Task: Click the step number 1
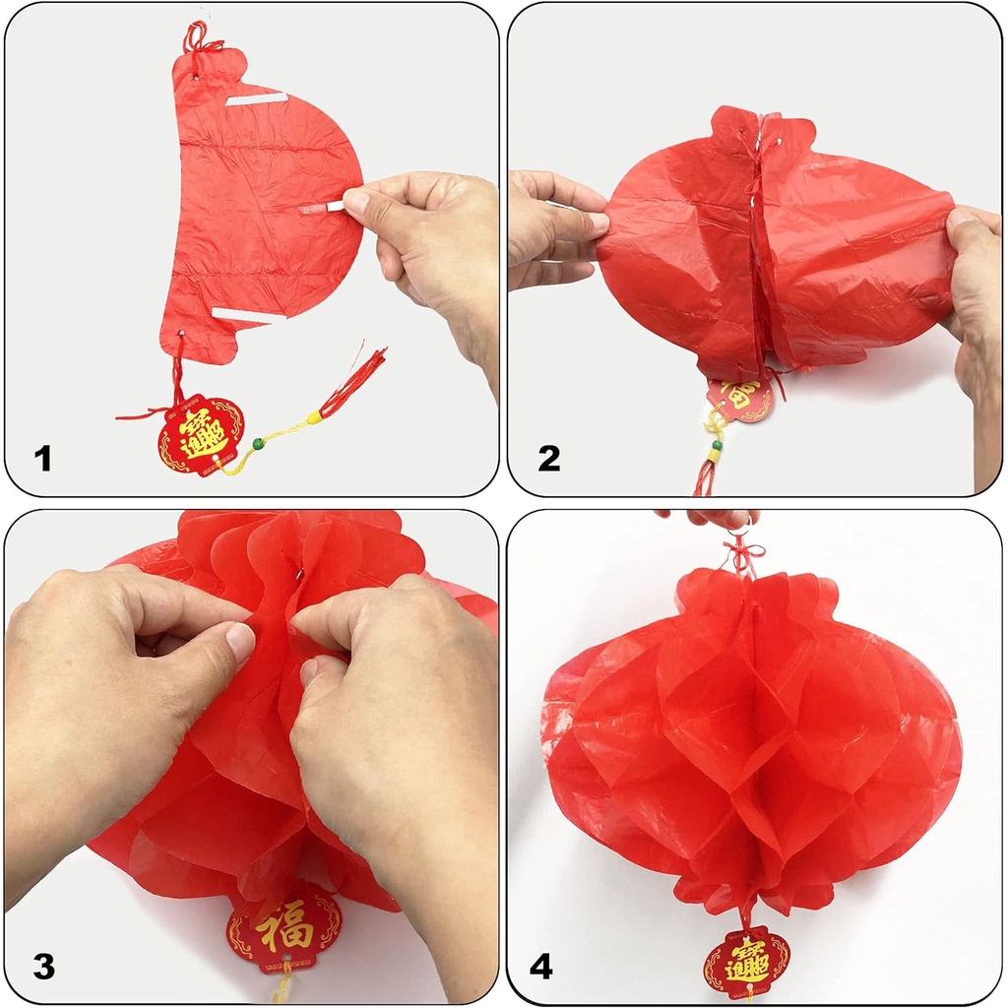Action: pyautogui.click(x=41, y=459)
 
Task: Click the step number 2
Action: pyautogui.click(x=548, y=459)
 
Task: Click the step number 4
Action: pyautogui.click(x=540, y=966)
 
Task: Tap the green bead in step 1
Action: pyautogui.click(x=259, y=445)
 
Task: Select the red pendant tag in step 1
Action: pyautogui.click(x=200, y=434)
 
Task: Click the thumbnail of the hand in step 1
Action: pyautogui.click(x=357, y=201)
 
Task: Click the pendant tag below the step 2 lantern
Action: pyautogui.click(x=741, y=398)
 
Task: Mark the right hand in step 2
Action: pyautogui.click(x=977, y=295)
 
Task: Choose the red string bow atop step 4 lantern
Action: pyautogui.click(x=745, y=557)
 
